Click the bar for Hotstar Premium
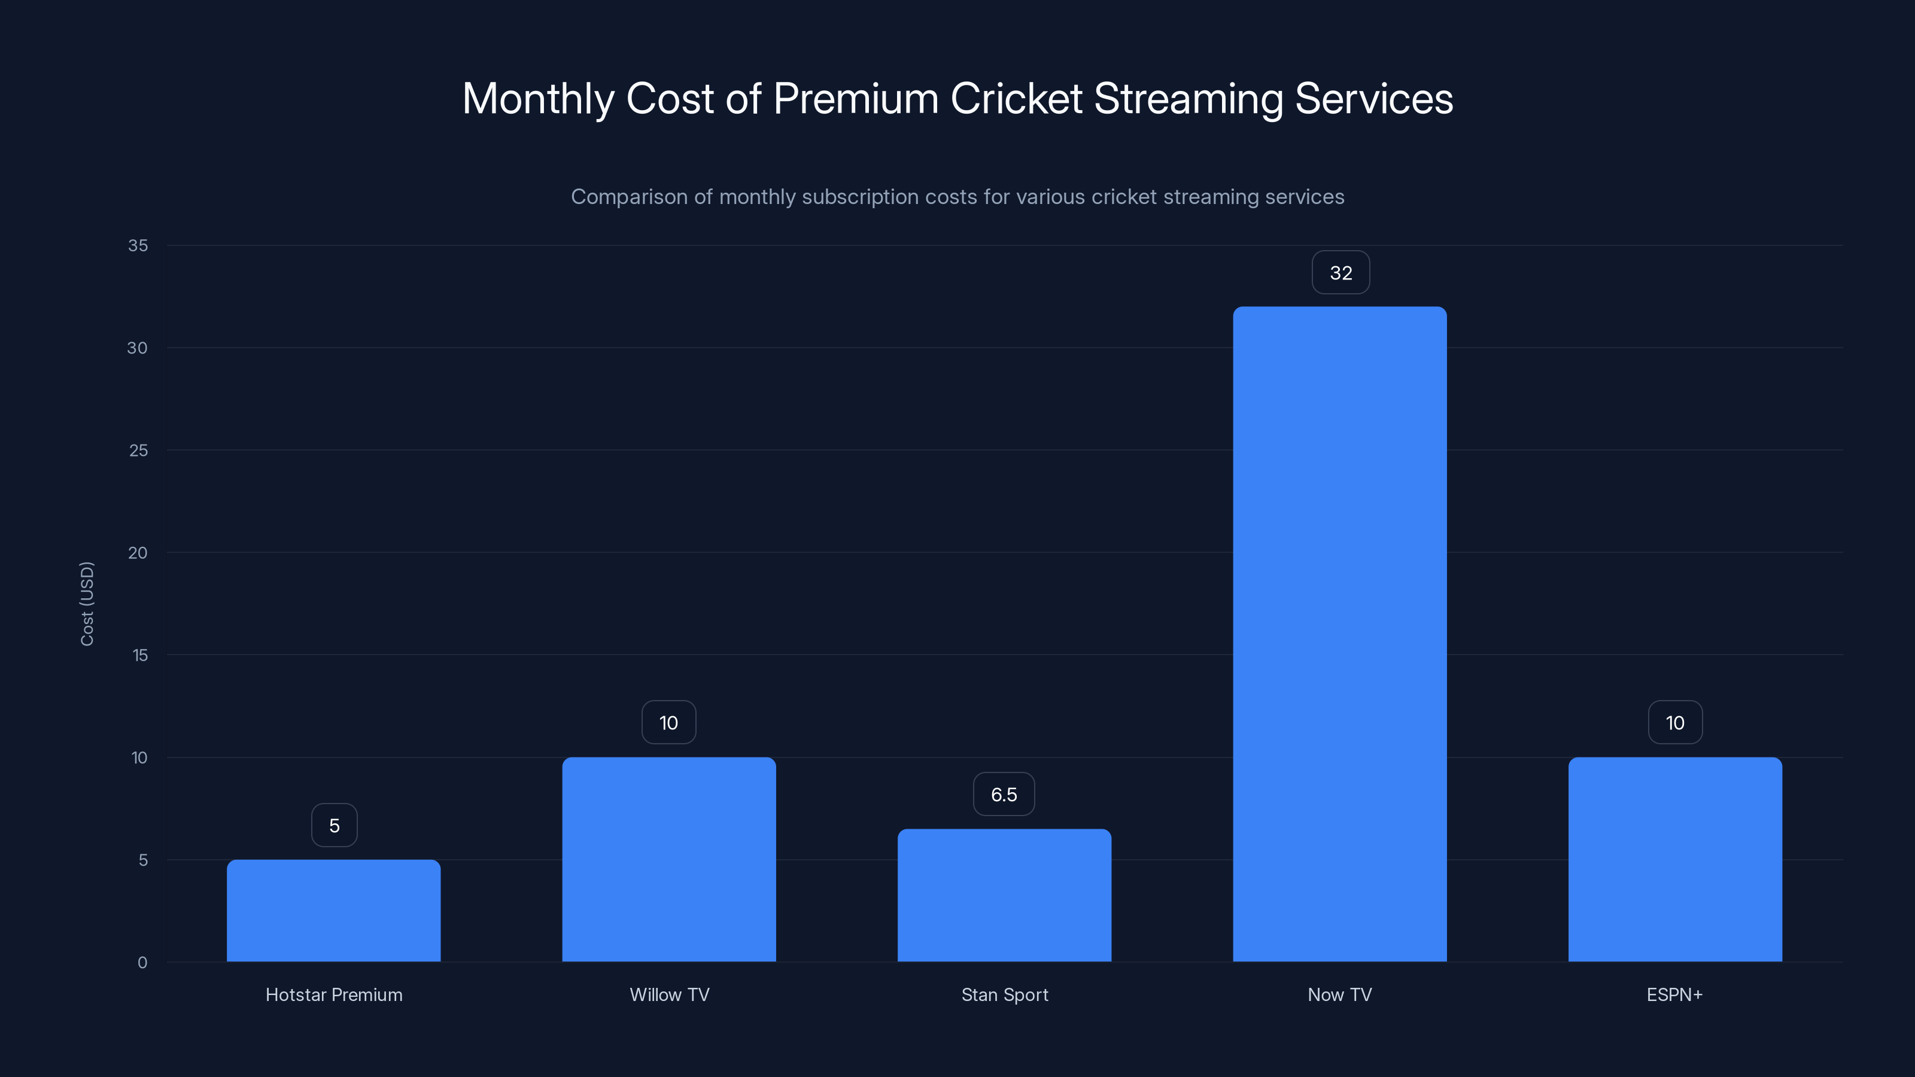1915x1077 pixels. (333, 911)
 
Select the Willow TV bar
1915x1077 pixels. (668, 859)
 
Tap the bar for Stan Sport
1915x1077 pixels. (1004, 895)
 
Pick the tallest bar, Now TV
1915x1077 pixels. (1340, 634)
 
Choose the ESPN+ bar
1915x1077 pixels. (1674, 859)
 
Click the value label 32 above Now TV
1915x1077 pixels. (1340, 273)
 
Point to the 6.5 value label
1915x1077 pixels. (1004, 795)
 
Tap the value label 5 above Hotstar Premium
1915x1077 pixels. (334, 825)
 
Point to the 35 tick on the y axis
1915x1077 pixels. (138, 245)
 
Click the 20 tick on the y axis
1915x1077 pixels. (138, 552)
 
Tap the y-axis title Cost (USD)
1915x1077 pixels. (87, 604)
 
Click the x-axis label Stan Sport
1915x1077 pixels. (1004, 994)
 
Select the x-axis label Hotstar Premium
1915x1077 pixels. (334, 994)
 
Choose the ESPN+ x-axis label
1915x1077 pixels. (1674, 994)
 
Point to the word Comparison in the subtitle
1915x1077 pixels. (629, 197)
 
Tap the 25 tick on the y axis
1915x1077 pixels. (138, 451)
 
